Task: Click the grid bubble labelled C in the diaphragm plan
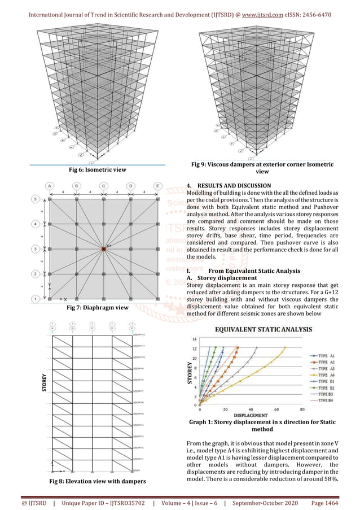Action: [103, 185]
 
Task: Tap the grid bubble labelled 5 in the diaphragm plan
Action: [35, 199]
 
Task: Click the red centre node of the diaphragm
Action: [103, 248]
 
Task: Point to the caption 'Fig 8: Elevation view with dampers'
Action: [95, 481]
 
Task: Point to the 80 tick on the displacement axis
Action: [302, 410]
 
